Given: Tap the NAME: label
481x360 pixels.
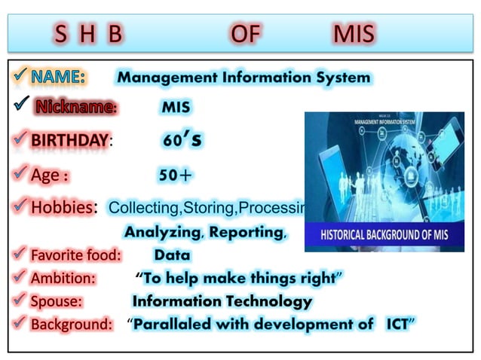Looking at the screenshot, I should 58,77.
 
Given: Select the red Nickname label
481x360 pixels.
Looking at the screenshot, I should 75,108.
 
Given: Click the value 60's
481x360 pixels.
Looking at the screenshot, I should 182,140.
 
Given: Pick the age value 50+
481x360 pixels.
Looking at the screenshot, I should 175,175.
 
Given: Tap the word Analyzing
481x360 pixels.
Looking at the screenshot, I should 161,232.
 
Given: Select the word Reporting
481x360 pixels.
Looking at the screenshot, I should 247,232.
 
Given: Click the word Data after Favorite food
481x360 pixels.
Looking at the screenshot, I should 172,255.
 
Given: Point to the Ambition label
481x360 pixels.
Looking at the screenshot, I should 63,278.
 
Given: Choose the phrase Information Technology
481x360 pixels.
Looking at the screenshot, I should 222,301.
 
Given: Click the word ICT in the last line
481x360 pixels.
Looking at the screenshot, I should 397,325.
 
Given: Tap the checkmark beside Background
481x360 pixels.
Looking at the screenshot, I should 18,325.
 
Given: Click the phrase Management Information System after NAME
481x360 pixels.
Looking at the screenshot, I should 244,77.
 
